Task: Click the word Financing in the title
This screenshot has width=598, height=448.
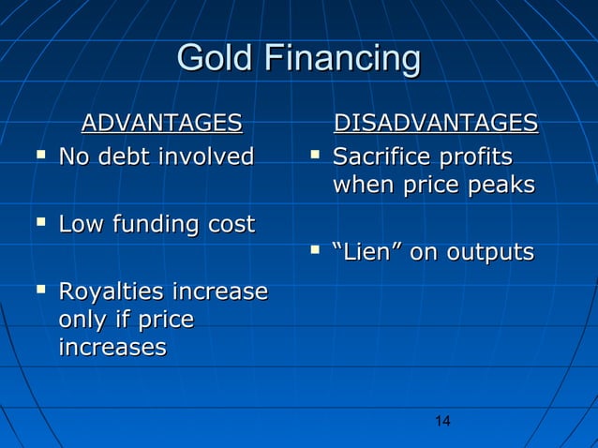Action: click(x=342, y=59)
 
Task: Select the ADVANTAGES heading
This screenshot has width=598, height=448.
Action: click(x=161, y=123)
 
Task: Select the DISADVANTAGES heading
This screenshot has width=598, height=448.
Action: click(x=436, y=123)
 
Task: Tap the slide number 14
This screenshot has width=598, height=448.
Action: click(x=443, y=422)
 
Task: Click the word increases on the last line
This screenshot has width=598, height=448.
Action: click(x=112, y=348)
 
